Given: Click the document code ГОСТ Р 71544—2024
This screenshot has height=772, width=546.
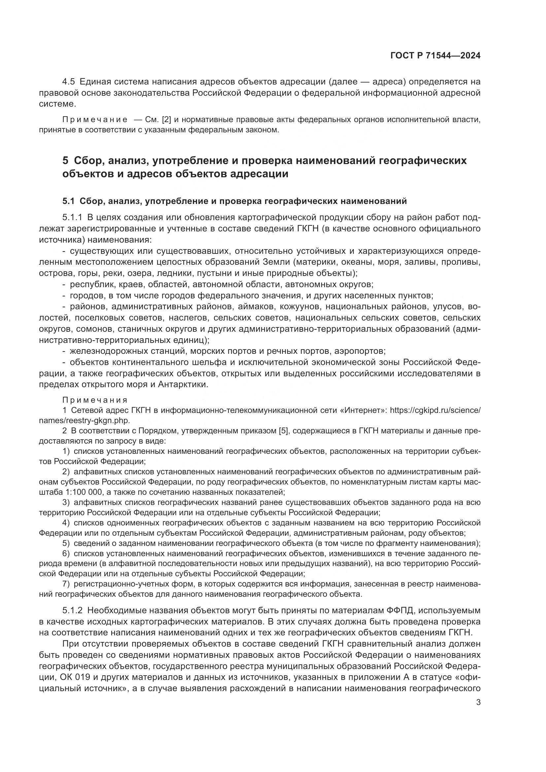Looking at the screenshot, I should point(435,56).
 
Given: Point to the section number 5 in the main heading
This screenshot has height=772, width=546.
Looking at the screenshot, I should point(65,161).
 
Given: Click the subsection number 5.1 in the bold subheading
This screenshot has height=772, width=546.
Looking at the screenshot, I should point(68,201).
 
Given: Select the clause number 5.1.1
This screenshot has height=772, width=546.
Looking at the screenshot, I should point(72,218).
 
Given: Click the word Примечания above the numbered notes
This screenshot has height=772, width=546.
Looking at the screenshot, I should point(95,400).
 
